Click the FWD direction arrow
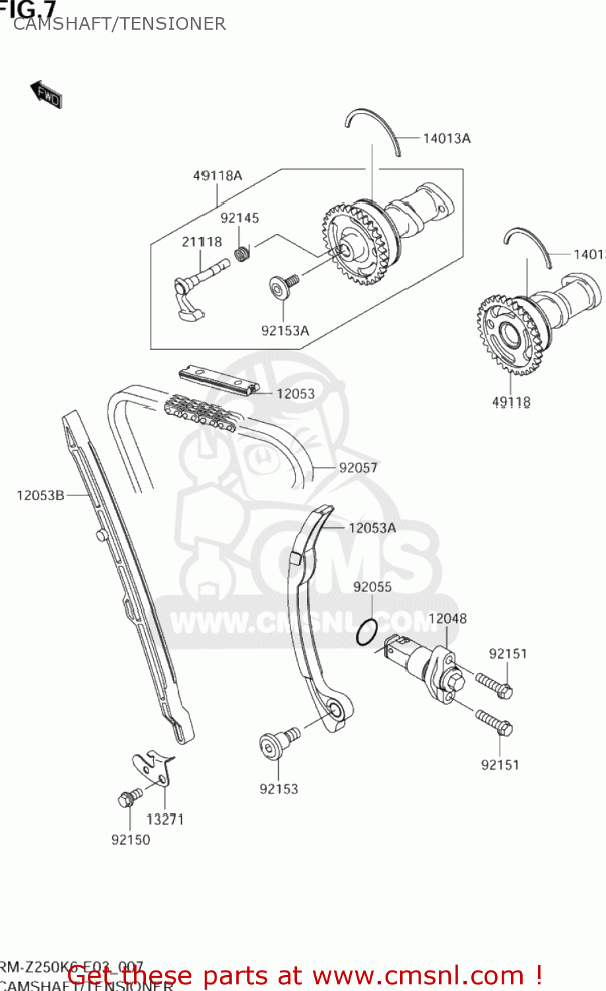(46, 94)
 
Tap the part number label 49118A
(217, 176)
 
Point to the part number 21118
(201, 242)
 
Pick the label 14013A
(446, 138)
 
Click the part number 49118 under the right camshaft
(511, 402)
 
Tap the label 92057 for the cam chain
(358, 468)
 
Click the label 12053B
(40, 495)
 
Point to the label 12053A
(372, 528)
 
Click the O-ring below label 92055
(366, 632)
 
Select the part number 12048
(447, 618)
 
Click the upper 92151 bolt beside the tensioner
(494, 685)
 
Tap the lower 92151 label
(500, 765)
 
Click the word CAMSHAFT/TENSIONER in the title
(119, 24)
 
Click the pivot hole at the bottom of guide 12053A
(336, 712)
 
